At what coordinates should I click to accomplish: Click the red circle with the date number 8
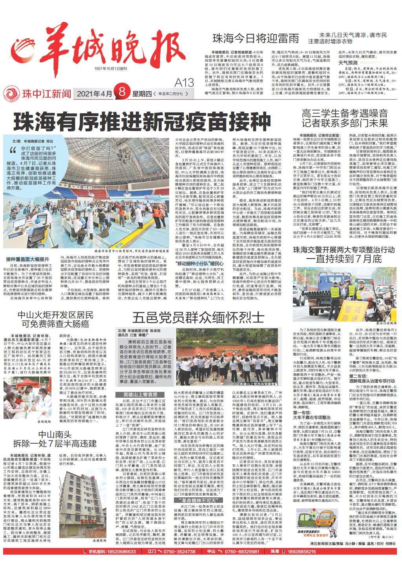[122, 94]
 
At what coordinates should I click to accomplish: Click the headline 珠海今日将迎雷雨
[256, 38]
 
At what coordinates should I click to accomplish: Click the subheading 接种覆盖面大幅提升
[28, 259]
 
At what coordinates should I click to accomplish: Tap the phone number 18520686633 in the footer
[118, 552]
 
